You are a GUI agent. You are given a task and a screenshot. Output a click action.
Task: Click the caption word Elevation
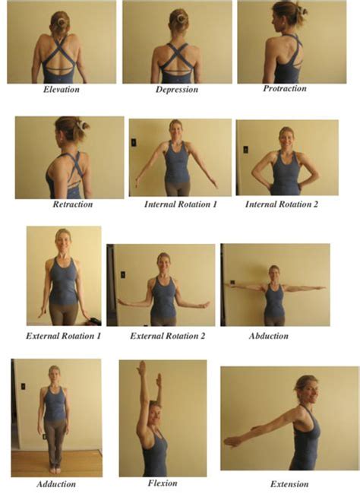click(x=62, y=90)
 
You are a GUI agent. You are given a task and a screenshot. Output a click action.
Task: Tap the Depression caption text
click(x=176, y=90)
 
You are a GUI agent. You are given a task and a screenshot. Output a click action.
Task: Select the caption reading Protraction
click(x=285, y=89)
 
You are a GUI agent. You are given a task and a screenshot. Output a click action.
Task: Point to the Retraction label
click(x=73, y=204)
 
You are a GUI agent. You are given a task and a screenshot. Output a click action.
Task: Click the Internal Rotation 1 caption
click(x=179, y=204)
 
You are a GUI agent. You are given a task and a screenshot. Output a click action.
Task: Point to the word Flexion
click(x=163, y=483)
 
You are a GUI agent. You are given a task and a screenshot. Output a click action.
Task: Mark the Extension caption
click(x=289, y=483)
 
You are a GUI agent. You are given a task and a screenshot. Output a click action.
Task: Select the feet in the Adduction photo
click(x=55, y=468)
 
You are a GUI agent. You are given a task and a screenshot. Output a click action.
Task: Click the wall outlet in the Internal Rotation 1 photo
click(x=134, y=142)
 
